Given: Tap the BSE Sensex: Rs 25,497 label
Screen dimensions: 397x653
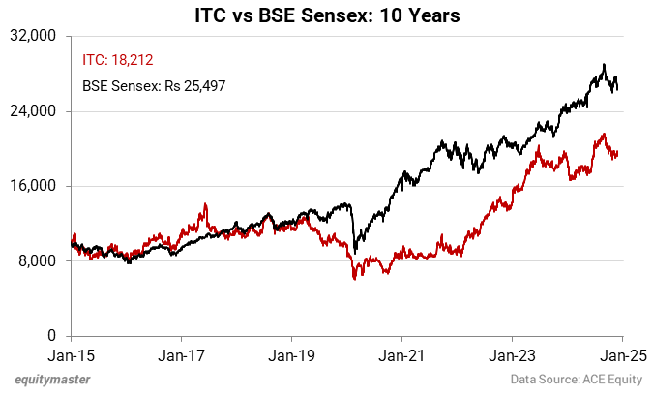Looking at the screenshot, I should point(154,86).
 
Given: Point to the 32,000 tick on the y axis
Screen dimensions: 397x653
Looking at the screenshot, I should point(40,37).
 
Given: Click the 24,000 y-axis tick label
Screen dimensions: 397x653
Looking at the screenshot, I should point(40,111).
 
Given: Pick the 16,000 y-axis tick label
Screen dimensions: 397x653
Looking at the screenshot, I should point(40,186).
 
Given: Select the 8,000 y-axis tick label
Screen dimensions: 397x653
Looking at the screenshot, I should point(44,261).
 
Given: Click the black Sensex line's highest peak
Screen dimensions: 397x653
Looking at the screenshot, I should point(604,65).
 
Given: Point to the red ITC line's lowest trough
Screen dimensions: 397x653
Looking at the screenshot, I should point(354,279).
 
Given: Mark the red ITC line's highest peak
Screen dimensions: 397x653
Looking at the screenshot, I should point(604,135).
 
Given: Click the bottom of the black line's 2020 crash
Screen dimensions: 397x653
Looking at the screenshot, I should point(355,252).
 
